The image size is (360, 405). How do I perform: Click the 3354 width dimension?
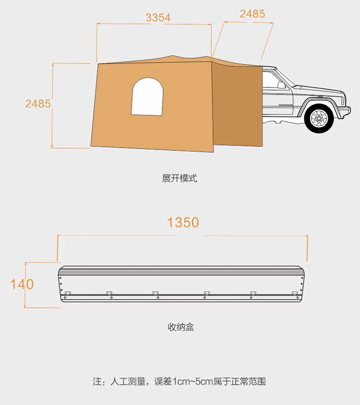158,17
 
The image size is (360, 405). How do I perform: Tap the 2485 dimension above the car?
252,14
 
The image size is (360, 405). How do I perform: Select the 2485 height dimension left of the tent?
38,104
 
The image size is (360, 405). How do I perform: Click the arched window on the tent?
147,97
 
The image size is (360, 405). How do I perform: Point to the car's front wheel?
319,118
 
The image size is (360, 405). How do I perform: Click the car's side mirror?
281,85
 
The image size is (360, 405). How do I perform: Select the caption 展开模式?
180,178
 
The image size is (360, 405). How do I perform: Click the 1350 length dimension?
183,222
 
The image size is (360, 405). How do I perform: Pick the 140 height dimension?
22,284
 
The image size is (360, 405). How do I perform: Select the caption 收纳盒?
180,327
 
